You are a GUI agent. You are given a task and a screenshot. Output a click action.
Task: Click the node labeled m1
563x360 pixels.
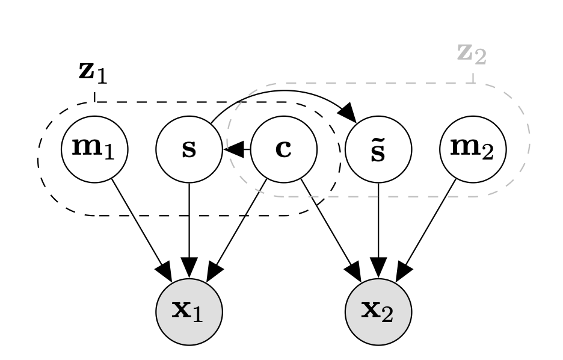point(94,149)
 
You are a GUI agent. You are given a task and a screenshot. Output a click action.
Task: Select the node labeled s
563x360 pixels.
point(189,149)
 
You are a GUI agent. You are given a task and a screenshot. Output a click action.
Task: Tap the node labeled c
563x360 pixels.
point(283,149)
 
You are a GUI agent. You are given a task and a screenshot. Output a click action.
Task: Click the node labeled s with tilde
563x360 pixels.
point(378,149)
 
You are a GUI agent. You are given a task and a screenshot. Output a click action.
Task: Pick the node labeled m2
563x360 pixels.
point(473,149)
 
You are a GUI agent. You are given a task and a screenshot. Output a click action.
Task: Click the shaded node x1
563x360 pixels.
point(189,312)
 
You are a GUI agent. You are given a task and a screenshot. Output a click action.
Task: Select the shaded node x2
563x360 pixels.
point(378,312)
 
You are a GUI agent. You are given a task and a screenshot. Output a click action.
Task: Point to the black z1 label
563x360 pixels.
point(94,72)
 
